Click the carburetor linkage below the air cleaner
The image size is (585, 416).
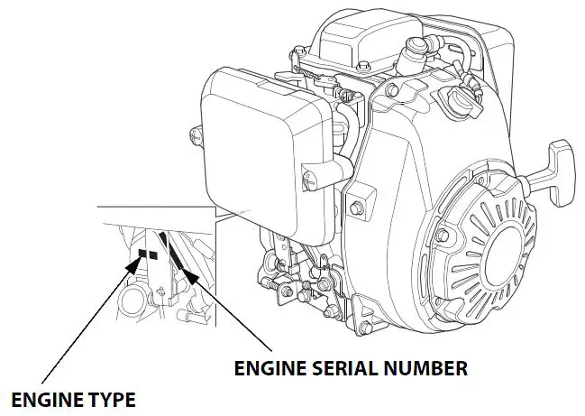tap(288, 271)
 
